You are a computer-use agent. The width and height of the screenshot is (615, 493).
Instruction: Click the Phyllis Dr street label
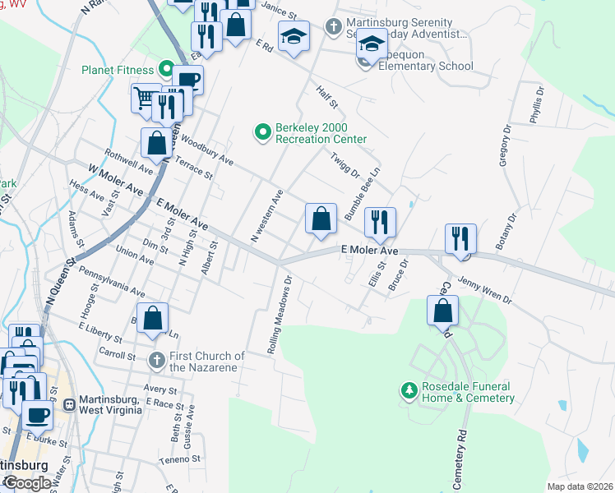click(x=535, y=104)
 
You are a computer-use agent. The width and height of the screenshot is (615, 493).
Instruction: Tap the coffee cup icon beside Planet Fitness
click(x=187, y=80)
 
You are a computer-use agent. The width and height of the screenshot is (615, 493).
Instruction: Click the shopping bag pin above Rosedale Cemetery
click(x=442, y=310)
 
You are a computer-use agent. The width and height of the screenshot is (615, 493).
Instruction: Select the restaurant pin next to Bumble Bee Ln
click(x=380, y=221)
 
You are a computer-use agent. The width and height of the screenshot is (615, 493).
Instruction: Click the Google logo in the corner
click(x=26, y=483)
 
